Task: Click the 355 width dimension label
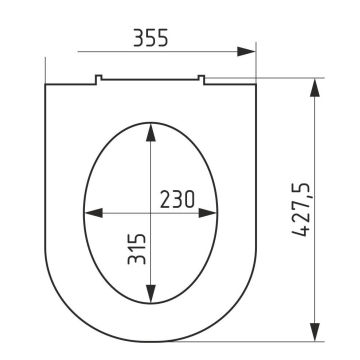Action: [x=151, y=38]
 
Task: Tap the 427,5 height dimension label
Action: [x=301, y=209]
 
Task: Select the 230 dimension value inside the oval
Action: [x=177, y=199]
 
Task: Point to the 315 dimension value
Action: [x=137, y=249]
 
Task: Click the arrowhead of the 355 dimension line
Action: [x=246, y=52]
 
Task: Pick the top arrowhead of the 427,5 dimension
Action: [x=315, y=88]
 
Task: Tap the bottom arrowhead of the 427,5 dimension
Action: [x=315, y=332]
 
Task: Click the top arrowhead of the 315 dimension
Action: [x=151, y=132]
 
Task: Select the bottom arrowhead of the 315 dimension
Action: [x=151, y=294]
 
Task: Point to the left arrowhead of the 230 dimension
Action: [x=93, y=213]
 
